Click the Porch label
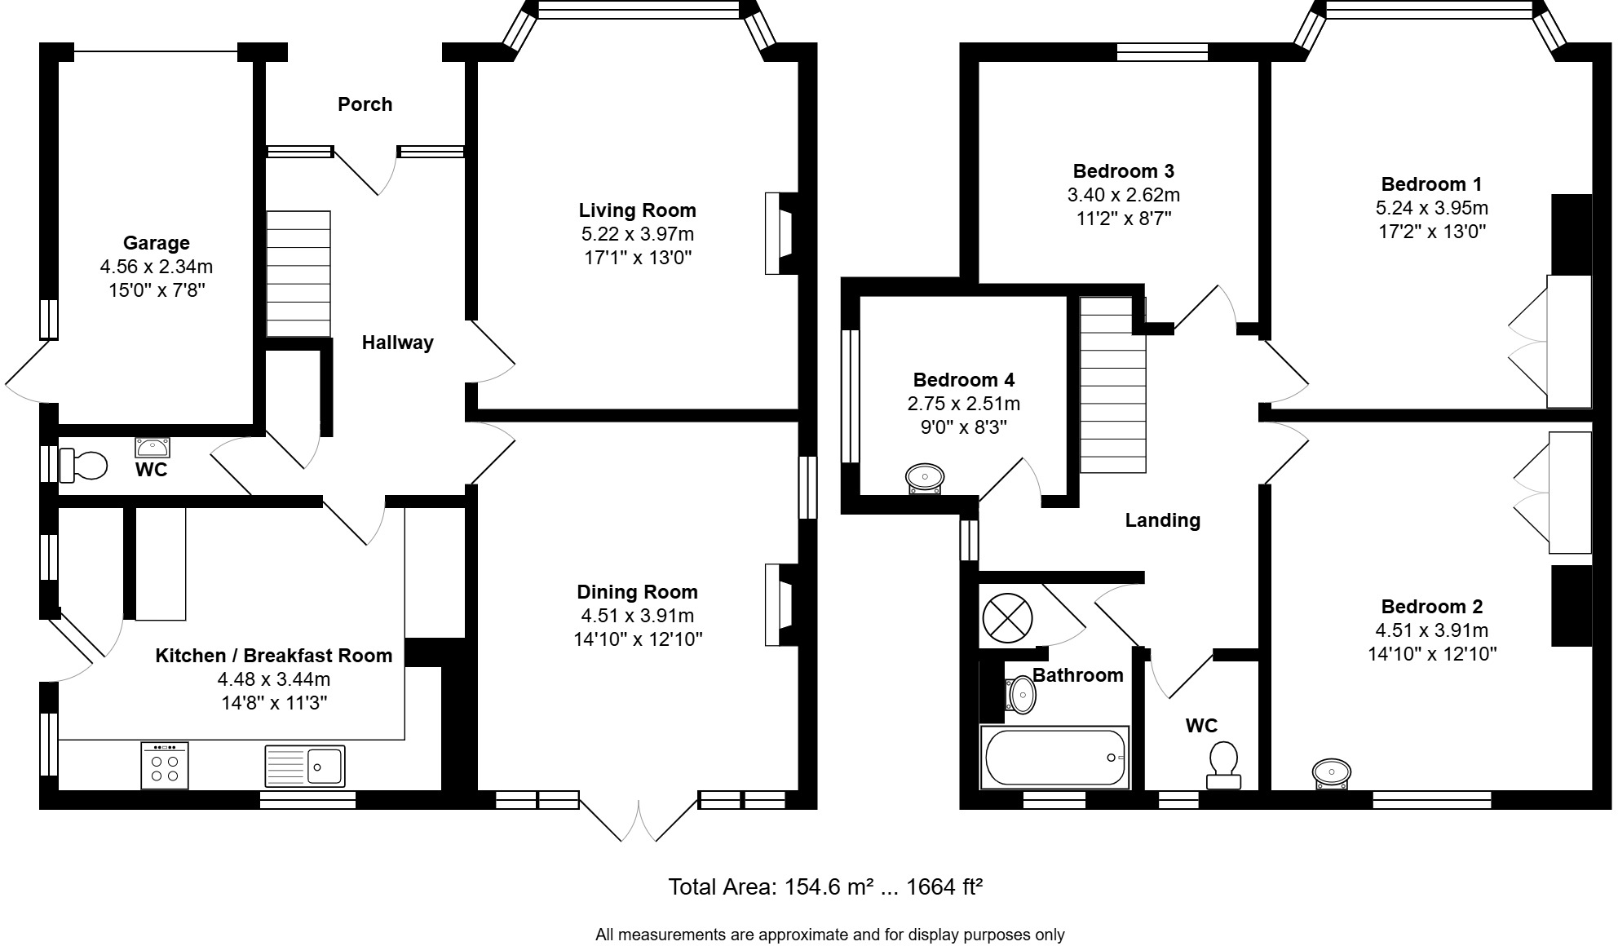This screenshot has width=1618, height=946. tap(365, 104)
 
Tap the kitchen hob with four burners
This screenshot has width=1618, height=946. tap(164, 766)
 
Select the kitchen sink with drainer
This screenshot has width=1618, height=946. tap(305, 766)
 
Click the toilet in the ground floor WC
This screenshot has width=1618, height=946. tap(83, 466)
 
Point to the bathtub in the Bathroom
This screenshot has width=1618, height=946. tap(1054, 758)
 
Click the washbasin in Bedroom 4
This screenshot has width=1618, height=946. tap(926, 478)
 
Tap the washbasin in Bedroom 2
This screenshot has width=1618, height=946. tap(1331, 773)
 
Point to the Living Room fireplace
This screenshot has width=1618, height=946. tap(780, 233)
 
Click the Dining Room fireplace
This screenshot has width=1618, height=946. tap(780, 605)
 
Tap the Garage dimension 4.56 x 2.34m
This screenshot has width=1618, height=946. tap(157, 267)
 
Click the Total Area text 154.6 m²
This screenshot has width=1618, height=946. tap(824, 886)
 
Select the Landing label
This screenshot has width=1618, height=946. tap(1162, 520)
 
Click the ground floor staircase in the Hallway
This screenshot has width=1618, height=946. tap(298, 273)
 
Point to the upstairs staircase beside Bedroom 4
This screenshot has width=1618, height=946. tap(1113, 385)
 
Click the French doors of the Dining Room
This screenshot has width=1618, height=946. tap(638, 820)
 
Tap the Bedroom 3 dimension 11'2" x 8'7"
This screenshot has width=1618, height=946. tap(1123, 219)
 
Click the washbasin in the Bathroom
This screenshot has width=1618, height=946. tap(1021, 695)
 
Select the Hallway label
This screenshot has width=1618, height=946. tap(397, 343)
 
